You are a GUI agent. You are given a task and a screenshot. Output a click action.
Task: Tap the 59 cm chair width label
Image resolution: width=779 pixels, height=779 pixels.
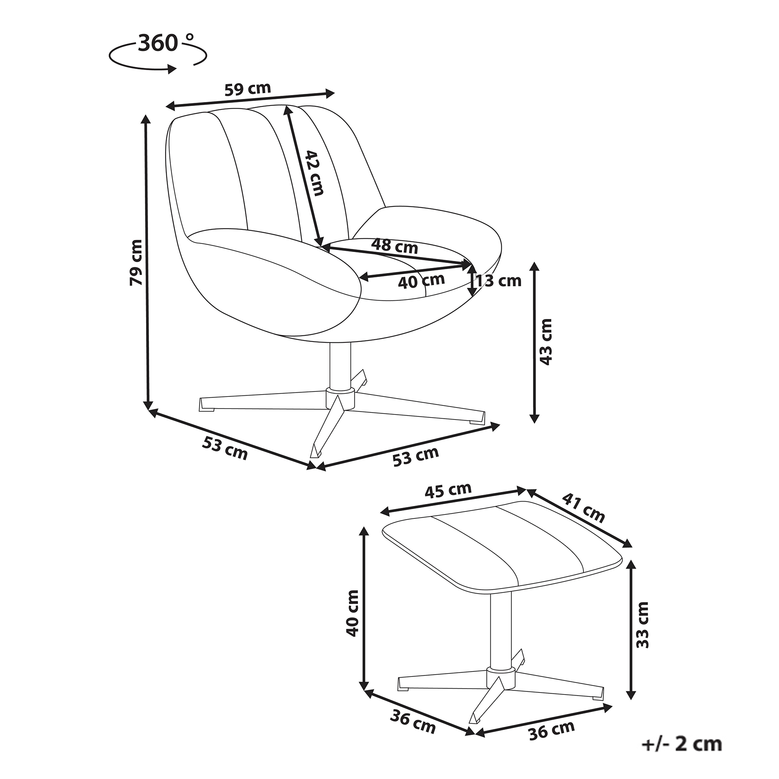coord(248,88)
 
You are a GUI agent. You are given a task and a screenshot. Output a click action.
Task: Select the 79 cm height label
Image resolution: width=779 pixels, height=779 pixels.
coord(136,263)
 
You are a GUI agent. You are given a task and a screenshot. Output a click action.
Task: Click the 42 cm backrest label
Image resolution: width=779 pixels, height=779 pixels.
coord(314,173)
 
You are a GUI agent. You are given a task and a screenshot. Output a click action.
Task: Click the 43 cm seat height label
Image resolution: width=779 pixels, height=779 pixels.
coord(545,342)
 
